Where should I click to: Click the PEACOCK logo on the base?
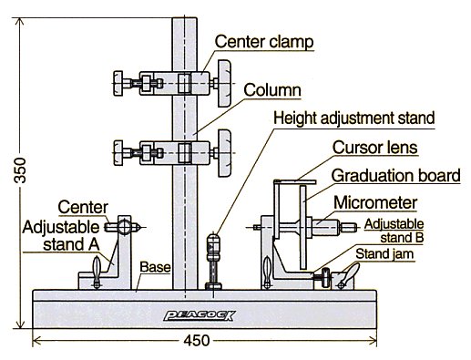[x=200, y=315]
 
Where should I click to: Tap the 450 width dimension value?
[x=197, y=341]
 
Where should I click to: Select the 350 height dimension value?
[x=21, y=170]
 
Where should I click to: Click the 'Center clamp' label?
[x=264, y=42]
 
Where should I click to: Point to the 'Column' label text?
[x=272, y=90]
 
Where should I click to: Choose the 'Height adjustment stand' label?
[x=354, y=118]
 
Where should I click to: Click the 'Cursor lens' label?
[x=375, y=148]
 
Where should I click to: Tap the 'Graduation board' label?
[x=395, y=176]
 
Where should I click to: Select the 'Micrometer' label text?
[x=375, y=202]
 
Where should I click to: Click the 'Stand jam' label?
[x=384, y=254]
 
